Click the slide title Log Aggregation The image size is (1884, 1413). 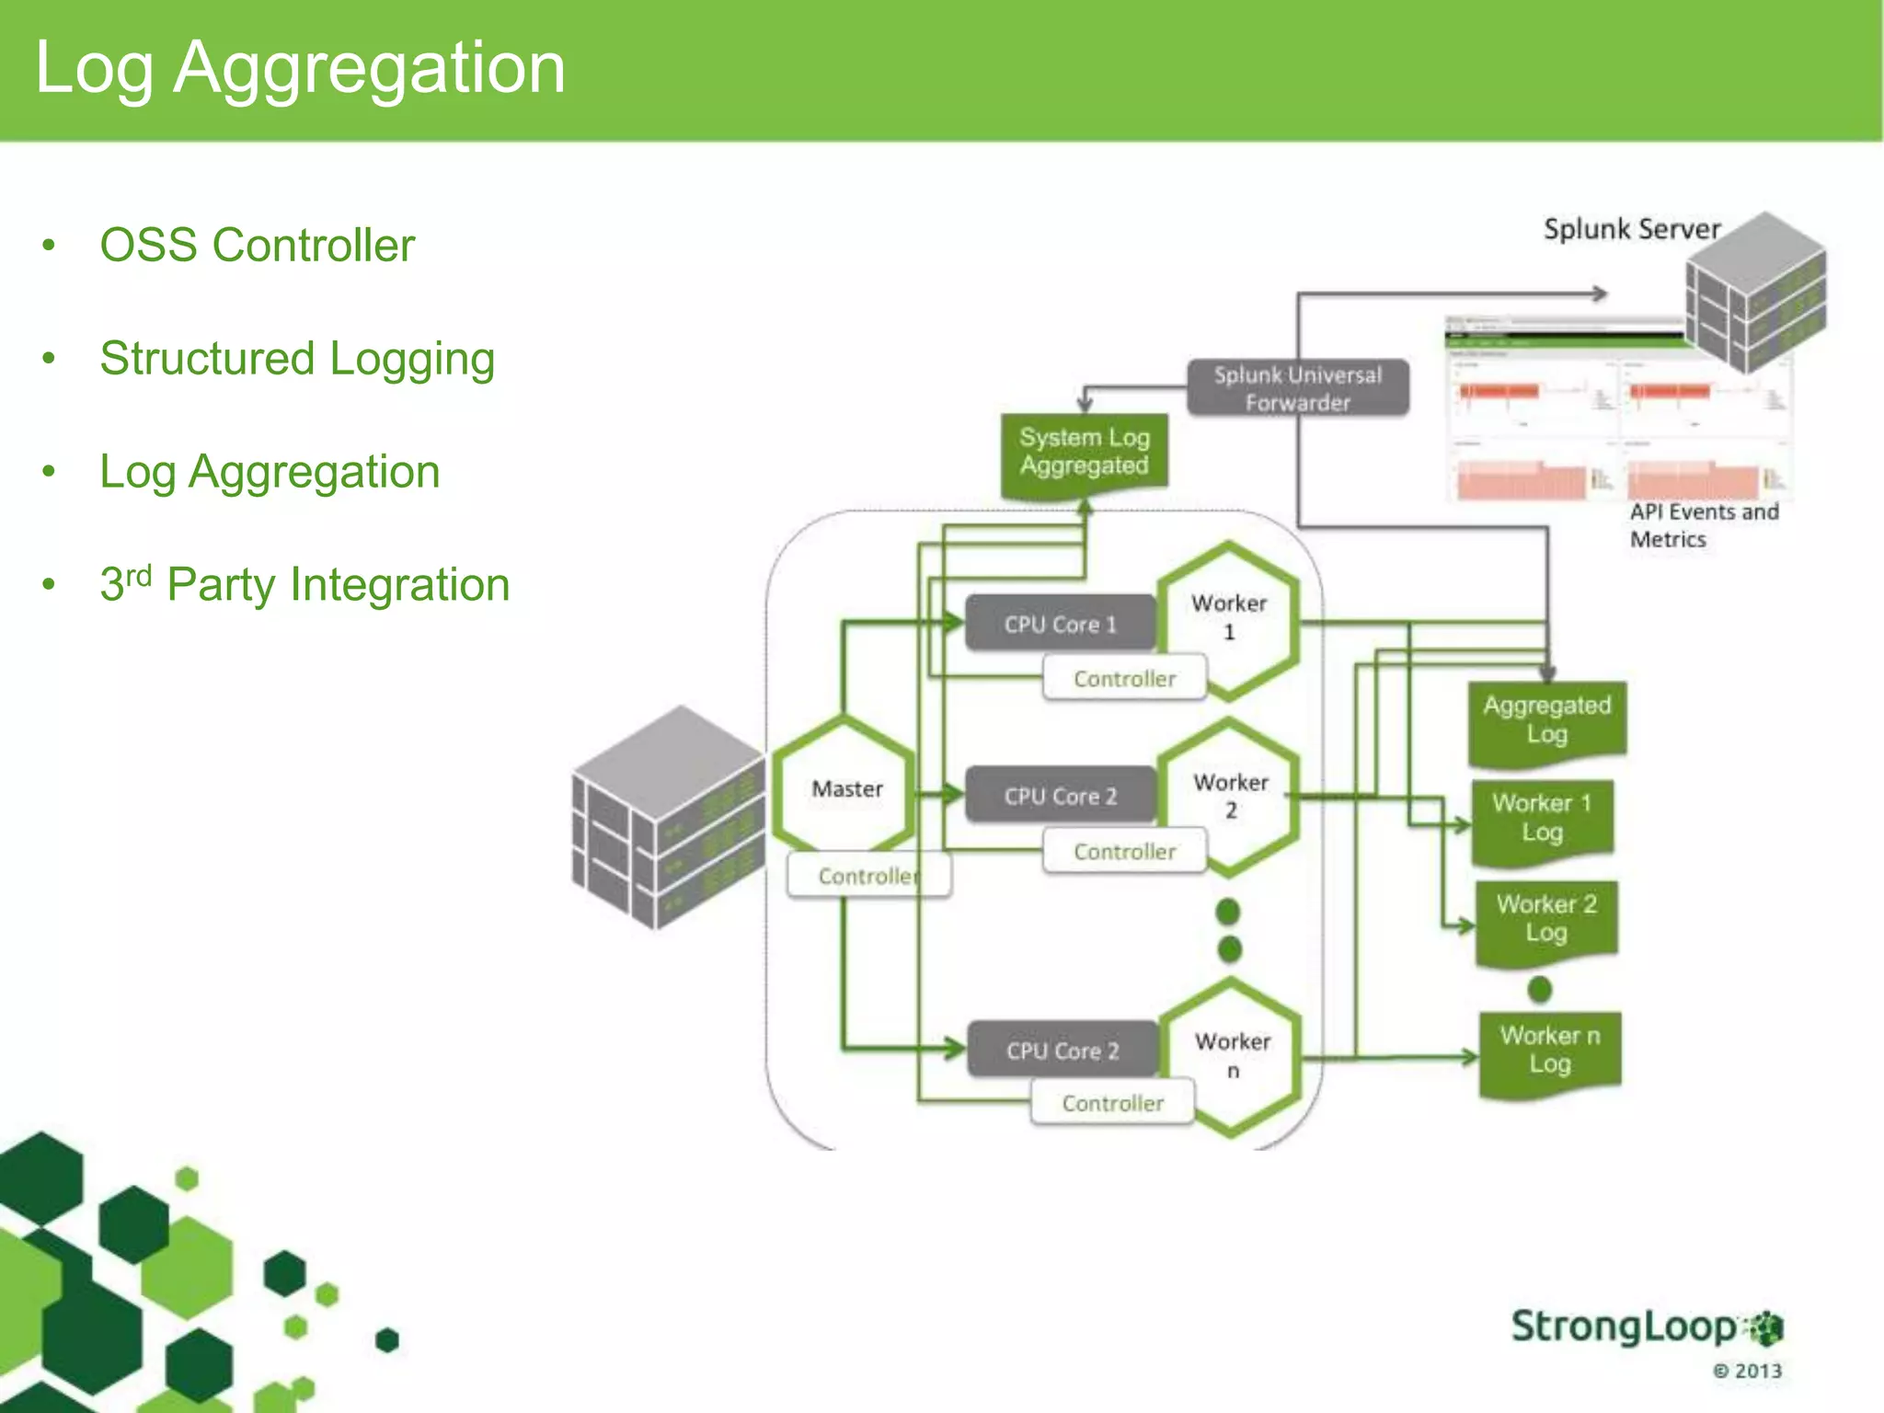300,68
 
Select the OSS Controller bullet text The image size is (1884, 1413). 257,246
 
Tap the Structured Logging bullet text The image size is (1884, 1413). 297,359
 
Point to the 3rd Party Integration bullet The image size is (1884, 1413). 304,585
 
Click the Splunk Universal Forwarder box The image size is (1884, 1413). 1297,388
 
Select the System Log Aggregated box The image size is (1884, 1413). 1084,453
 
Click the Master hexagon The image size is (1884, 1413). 846,788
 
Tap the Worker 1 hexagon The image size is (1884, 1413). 1229,618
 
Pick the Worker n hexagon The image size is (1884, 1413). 1233,1055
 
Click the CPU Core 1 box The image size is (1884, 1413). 1060,625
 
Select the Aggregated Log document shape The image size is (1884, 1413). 1547,720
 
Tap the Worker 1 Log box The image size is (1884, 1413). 1542,818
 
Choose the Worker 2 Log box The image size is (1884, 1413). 1546,919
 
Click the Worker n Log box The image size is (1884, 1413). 1550,1051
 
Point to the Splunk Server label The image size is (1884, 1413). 1631,229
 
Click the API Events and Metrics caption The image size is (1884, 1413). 1703,525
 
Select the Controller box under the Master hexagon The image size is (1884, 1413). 868,876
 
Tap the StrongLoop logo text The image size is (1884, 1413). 1625,1327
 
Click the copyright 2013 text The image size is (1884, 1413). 1747,1371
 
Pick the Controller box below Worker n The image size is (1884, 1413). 1112,1102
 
